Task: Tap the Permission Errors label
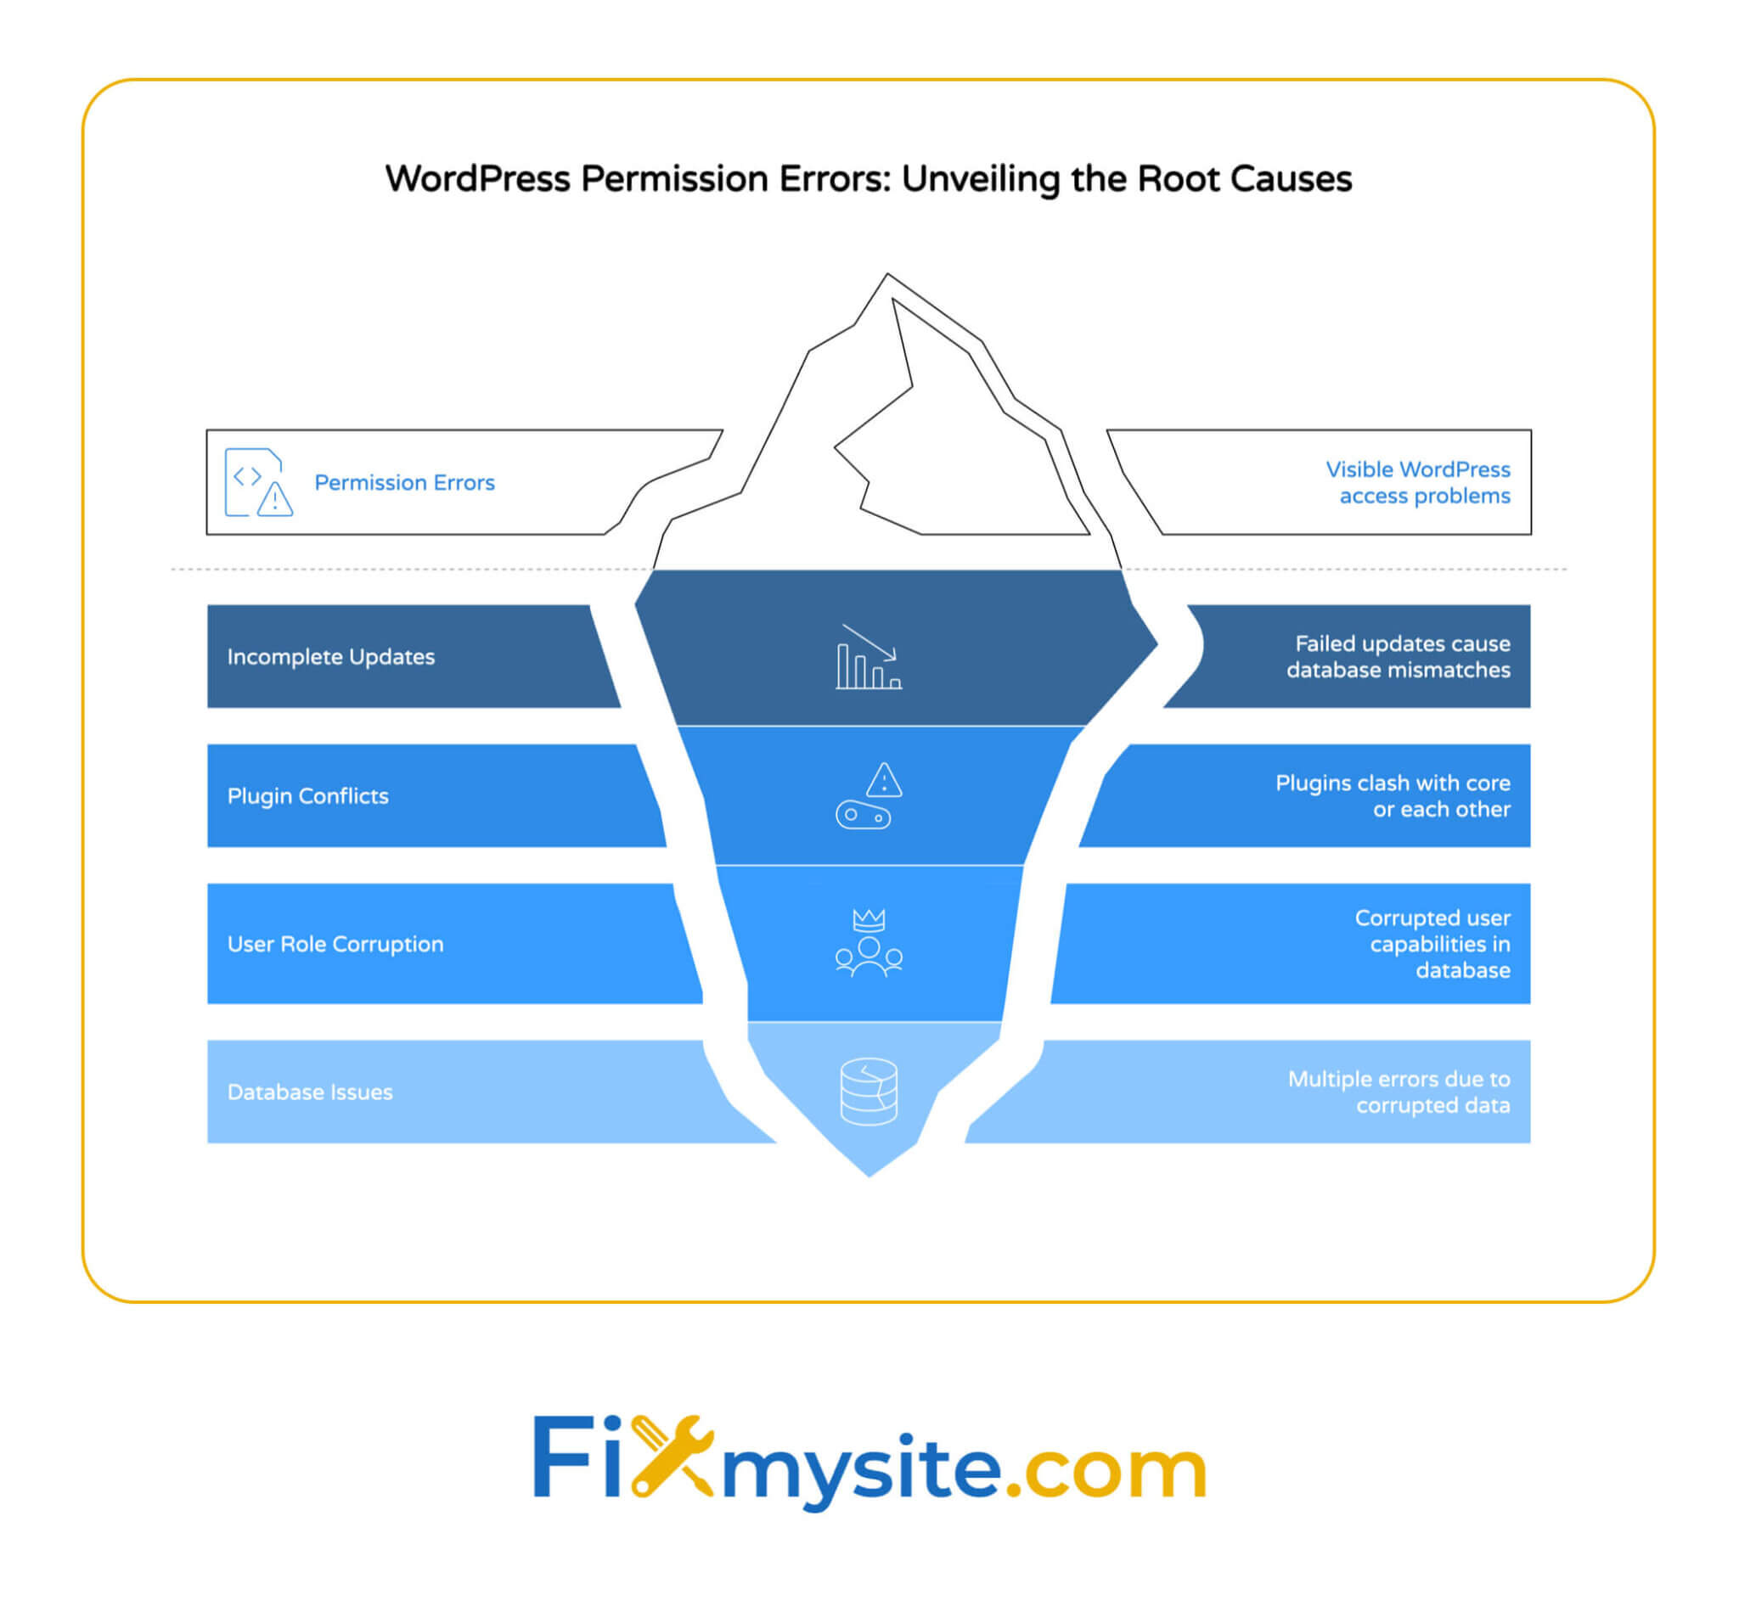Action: click(404, 483)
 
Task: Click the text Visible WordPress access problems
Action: click(1417, 483)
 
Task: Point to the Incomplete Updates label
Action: click(330, 657)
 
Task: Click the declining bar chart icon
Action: click(868, 658)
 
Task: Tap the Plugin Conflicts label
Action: click(308, 796)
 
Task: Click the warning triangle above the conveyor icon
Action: click(885, 779)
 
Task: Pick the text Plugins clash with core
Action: click(1393, 783)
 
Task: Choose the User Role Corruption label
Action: click(335, 945)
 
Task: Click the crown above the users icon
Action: click(869, 919)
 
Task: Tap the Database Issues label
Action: click(310, 1092)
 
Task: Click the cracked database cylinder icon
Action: click(869, 1092)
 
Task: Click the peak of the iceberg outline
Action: click(887, 277)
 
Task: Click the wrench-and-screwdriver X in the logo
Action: click(672, 1456)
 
